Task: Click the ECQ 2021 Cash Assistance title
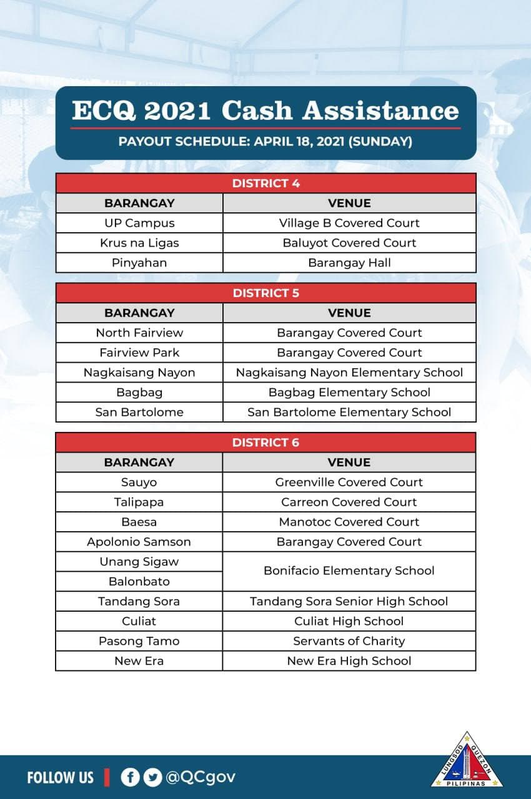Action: pos(265,110)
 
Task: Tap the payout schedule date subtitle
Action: pos(265,142)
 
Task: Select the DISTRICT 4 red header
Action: pos(265,184)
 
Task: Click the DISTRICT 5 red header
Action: pos(265,293)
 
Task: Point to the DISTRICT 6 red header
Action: pos(265,443)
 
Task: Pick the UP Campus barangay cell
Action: pos(139,223)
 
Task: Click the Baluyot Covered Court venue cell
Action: pos(349,243)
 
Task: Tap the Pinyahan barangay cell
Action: pos(139,263)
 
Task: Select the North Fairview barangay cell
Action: pos(139,333)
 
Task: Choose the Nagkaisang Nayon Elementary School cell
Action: pos(349,373)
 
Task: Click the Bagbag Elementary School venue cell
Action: pos(349,393)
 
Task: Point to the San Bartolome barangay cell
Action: pos(139,413)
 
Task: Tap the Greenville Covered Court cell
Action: pos(349,483)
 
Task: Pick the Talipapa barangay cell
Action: pos(139,502)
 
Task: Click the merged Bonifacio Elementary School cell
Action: pos(349,571)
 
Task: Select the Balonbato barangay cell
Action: pos(139,581)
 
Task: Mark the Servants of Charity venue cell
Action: pos(349,641)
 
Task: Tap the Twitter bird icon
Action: pos(152,777)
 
